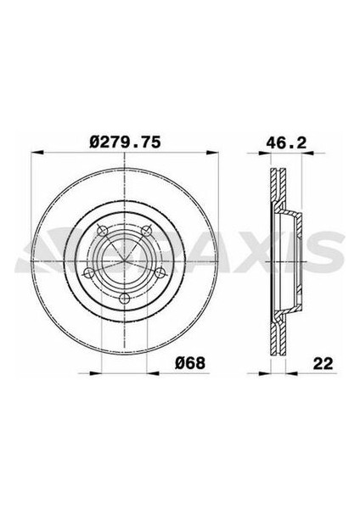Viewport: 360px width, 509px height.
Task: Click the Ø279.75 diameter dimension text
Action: coord(125,135)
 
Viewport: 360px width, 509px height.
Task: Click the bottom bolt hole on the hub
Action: coord(123,298)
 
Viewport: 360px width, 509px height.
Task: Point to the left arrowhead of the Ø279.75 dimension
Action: coord(35,154)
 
